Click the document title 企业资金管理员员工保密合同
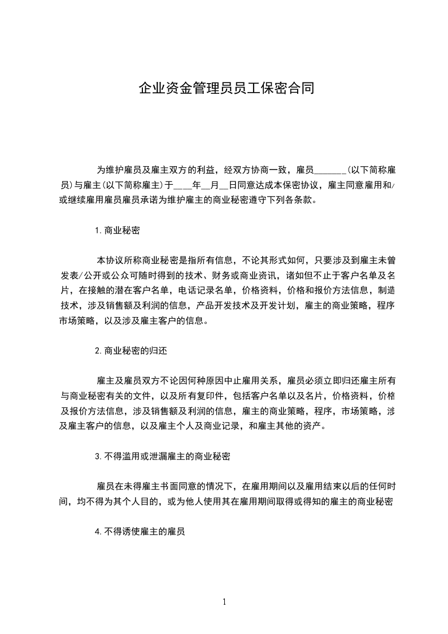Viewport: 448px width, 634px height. (224, 89)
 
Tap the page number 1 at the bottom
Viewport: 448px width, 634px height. (224, 602)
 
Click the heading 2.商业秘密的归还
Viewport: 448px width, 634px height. (131, 350)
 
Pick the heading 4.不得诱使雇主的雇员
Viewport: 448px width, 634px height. (141, 531)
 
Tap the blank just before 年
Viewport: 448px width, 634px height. (182, 185)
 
